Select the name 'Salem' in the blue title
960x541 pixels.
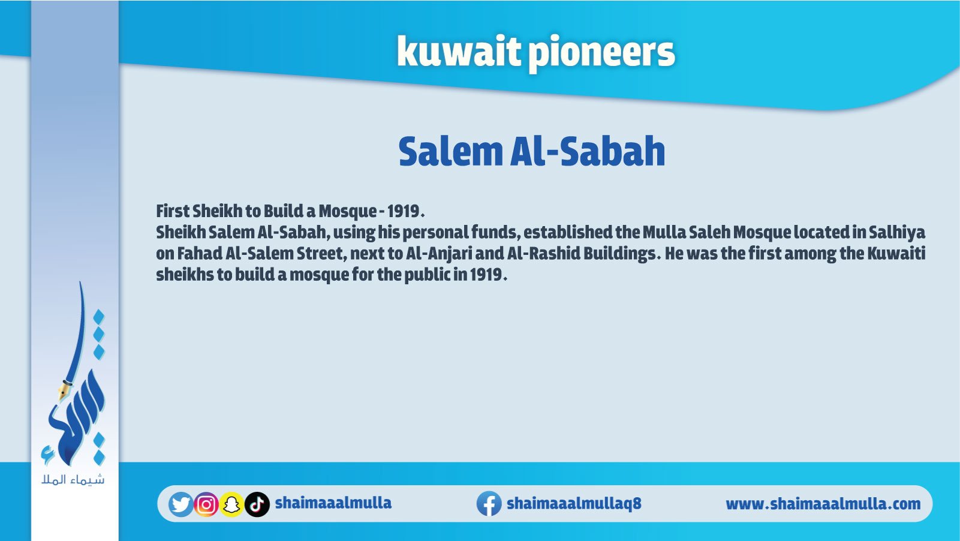pyautogui.click(x=450, y=151)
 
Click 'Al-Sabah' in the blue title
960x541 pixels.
pyautogui.click(x=588, y=151)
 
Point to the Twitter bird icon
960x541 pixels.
pyautogui.click(x=180, y=504)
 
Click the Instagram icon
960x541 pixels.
pyautogui.click(x=206, y=504)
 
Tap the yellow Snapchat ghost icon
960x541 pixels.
pyautogui.click(x=231, y=504)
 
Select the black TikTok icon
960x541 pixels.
pyautogui.click(x=257, y=504)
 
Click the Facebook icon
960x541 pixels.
pyautogui.click(x=489, y=504)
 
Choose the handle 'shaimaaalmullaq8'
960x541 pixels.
pyautogui.click(x=574, y=503)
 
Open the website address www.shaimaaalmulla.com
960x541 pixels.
pyautogui.click(x=823, y=504)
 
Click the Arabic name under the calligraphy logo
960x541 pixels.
pyautogui.click(x=73, y=480)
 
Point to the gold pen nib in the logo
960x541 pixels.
pyautogui.click(x=64, y=390)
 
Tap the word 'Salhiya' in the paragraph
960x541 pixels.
pyautogui.click(x=897, y=233)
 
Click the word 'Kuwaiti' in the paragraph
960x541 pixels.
pyautogui.click(x=896, y=253)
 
